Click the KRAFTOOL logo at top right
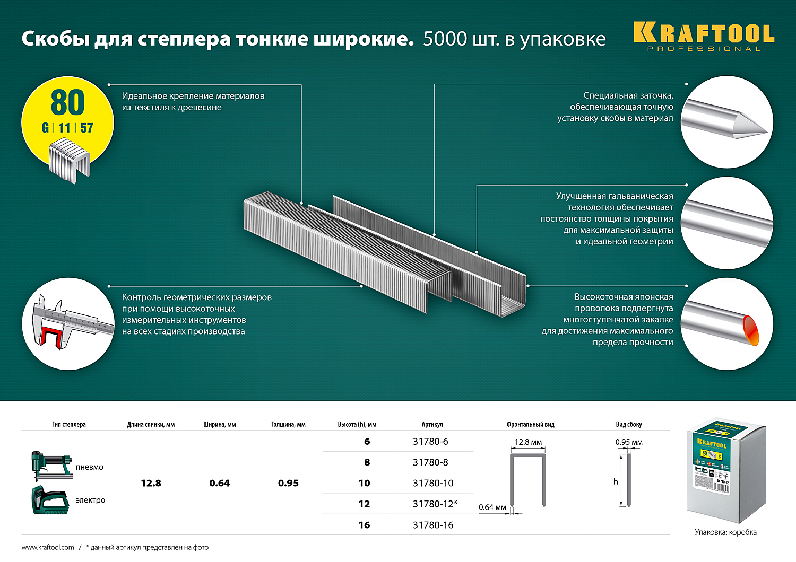tap(704, 35)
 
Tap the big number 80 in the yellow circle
tap(68, 102)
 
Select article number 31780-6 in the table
tap(430, 442)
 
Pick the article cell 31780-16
tap(432, 525)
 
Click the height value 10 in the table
tap(364, 483)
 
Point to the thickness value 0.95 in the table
tap(288, 483)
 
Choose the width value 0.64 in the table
tap(219, 483)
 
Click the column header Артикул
tap(432, 425)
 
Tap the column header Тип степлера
tap(69, 425)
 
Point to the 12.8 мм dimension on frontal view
tap(528, 442)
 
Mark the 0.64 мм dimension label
tap(492, 507)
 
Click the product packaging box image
tap(726, 469)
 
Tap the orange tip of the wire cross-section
tap(750, 329)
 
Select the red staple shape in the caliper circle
tap(51, 337)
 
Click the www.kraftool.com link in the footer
tap(48, 547)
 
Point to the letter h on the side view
tap(616, 481)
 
